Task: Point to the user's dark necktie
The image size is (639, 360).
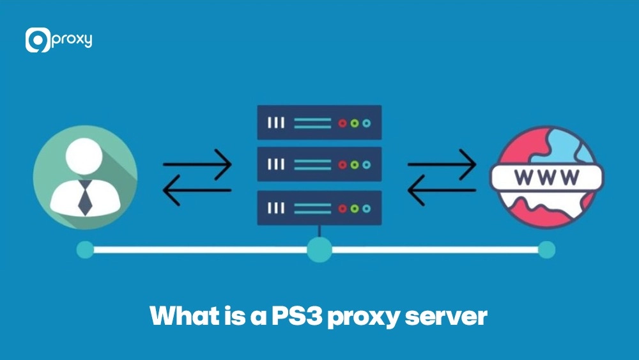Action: (84, 198)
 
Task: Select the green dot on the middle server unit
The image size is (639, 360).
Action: (355, 164)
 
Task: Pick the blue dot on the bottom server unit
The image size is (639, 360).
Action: (366, 208)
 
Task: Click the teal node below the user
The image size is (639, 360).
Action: (85, 250)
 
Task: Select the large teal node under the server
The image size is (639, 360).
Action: (319, 250)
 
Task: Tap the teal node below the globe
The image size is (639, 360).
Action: (546, 250)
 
